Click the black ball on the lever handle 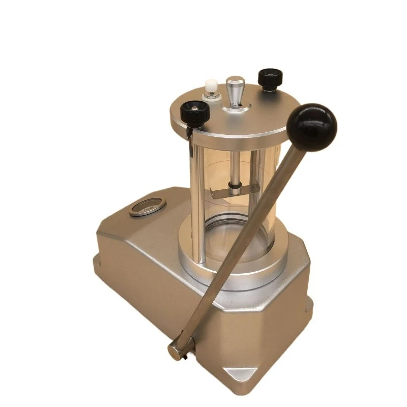(311, 127)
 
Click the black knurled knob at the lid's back (270, 78)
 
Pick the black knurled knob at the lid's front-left (195, 113)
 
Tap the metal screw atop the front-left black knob (194, 107)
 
